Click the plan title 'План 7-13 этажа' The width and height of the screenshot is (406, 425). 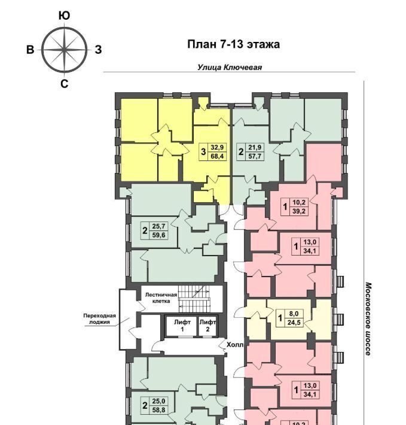click(233, 44)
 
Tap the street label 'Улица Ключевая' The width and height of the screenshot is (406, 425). click(230, 67)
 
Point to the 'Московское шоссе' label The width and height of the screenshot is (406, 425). click(368, 319)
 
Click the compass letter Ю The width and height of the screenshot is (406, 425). click(64, 16)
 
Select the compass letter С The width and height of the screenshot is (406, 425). click(64, 84)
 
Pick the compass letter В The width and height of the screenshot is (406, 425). click(30, 50)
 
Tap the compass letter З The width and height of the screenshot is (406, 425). click(98, 50)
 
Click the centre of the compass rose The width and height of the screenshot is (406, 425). click(65, 50)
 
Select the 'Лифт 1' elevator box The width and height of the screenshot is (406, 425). click(182, 326)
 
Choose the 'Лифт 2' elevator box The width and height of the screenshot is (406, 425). click(207, 326)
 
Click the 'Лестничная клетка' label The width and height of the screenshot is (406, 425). click(161, 298)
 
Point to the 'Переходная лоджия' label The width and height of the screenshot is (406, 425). click(99, 318)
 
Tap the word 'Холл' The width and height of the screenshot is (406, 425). click(234, 345)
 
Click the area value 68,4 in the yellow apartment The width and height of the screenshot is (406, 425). click(217, 156)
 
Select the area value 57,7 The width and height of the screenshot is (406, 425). click(255, 156)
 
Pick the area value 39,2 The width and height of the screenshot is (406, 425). click(299, 211)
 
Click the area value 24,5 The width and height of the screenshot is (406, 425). click(294, 323)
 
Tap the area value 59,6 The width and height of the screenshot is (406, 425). click(158, 235)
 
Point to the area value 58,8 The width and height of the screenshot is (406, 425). click(158, 410)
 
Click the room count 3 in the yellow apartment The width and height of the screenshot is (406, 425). click(203, 152)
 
